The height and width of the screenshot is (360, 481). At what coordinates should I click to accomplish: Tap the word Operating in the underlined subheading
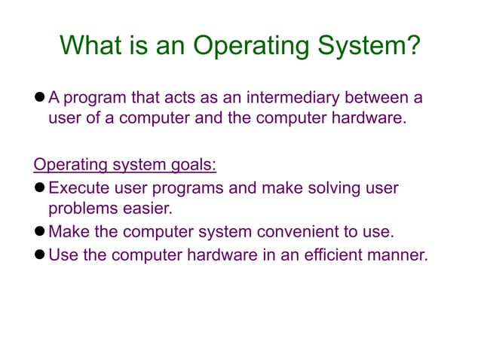click(x=72, y=163)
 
